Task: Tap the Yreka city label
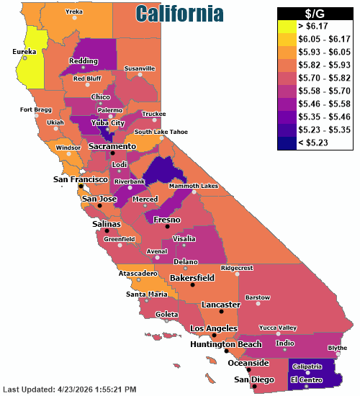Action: click(74, 12)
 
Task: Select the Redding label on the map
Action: click(83, 61)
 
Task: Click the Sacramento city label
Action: click(112, 146)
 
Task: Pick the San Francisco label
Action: click(80, 179)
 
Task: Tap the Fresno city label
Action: click(166, 219)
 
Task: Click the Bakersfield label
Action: click(192, 277)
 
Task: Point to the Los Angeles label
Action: click(212, 328)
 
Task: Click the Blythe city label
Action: click(337, 348)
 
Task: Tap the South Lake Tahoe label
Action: click(161, 132)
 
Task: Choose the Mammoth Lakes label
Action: click(193, 186)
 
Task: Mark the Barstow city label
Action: click(258, 297)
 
